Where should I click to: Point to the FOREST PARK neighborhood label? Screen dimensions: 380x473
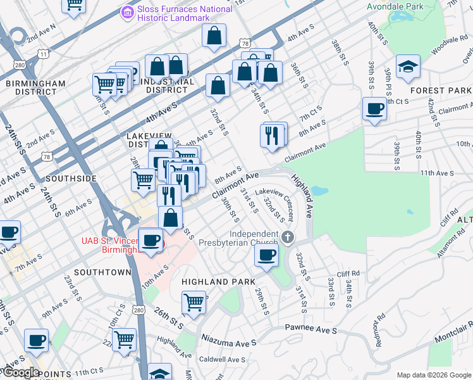pyautogui.click(x=440, y=91)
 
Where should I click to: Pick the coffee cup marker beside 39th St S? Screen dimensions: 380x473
pyautogui.click(x=375, y=109)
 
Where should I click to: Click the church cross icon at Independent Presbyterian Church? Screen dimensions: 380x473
pyautogui.click(x=288, y=237)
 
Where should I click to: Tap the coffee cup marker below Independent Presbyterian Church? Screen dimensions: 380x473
pyautogui.click(x=266, y=256)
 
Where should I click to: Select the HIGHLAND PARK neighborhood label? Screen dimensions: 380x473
pyautogui.click(x=218, y=281)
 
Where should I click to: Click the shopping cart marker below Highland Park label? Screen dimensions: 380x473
pyautogui.click(x=193, y=303)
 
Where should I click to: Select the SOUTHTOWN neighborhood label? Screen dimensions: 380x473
pyautogui.click(x=102, y=272)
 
